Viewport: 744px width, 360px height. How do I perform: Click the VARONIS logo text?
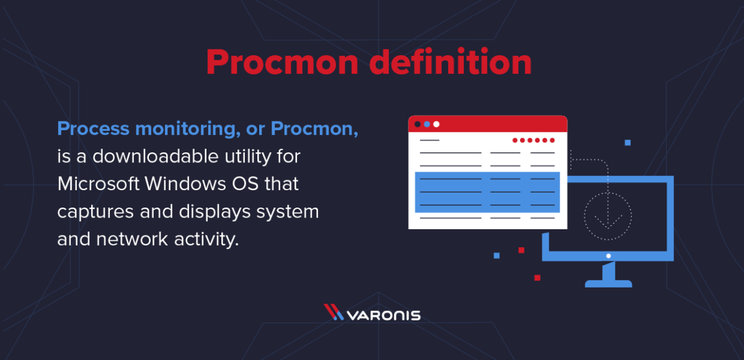383,315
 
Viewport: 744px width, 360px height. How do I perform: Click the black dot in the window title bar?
417,124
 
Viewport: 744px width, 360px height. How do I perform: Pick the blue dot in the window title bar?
427,124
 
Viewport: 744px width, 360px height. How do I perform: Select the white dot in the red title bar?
436,124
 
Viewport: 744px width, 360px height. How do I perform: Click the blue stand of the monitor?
608,275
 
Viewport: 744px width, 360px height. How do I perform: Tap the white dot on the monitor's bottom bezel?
608,256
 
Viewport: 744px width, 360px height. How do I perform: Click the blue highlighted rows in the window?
487,192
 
